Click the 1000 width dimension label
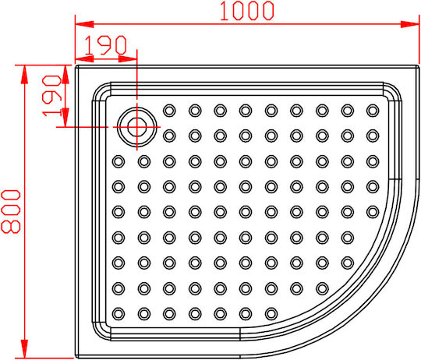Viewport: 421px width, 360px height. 247,11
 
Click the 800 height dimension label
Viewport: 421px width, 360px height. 11,211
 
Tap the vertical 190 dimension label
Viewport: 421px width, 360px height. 52,96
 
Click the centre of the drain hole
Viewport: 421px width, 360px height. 137,127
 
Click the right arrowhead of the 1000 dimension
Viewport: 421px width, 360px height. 410,24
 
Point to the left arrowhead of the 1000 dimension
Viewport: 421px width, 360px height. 84,24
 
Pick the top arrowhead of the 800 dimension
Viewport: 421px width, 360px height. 24,74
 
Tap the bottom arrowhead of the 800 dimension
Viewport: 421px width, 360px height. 24,349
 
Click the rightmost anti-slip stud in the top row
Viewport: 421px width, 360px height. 373,111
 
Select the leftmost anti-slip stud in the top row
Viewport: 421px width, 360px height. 169,111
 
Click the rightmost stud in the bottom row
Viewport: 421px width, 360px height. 271,313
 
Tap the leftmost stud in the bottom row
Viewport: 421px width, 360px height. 119,313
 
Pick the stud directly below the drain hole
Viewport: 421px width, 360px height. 144,161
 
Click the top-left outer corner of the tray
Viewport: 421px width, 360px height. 75,65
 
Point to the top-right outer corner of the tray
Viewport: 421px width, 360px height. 419,65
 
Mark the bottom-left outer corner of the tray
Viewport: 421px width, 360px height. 75,358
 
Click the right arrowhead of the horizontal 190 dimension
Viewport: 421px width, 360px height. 128,58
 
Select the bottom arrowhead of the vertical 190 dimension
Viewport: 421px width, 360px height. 65,118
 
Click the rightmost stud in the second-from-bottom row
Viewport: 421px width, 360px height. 322,288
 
